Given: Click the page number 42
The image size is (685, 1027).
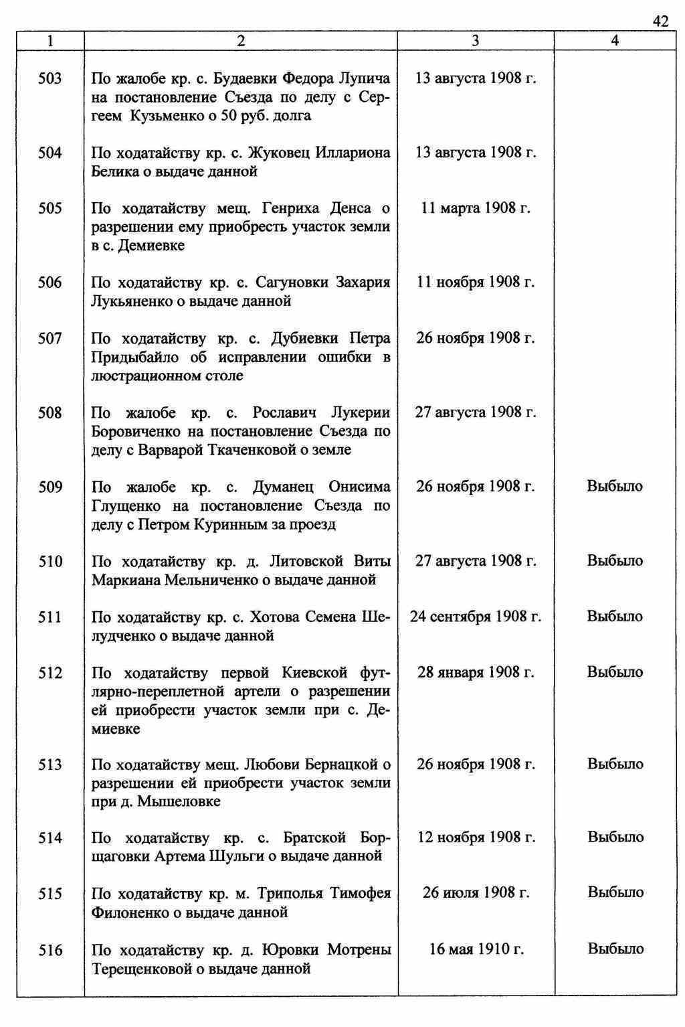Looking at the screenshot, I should pos(660,22).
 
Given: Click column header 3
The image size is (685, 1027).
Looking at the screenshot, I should pos(475,41).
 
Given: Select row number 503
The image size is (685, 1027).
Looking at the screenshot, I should pos(50,79).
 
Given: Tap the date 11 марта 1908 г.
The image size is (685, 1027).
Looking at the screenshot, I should pos(476,208).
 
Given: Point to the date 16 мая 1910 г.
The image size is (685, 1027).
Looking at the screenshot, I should pos(476,949).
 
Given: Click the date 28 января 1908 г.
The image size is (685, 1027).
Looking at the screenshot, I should pos(476,671).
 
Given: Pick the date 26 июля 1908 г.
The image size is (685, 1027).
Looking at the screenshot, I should pos(476,892).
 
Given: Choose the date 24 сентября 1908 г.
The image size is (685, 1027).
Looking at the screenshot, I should pos(476,616).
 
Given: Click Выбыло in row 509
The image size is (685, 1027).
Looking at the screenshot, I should pos(615,486).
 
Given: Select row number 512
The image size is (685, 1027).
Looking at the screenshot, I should pos(50,673).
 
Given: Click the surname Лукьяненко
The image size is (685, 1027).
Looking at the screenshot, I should pos(131,301).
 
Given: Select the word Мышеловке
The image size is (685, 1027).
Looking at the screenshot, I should pos(179,801).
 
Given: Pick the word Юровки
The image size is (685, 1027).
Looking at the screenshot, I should pos(288,950).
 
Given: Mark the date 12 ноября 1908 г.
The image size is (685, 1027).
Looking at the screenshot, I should pos(476,837).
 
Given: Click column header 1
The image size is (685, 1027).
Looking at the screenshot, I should pos(50,41).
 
